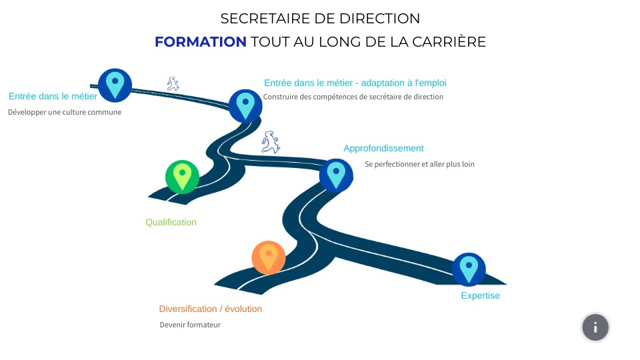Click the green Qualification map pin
(182, 177)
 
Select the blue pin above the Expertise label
(469, 269)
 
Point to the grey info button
(595, 327)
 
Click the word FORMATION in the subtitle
(201, 42)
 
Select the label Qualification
(171, 222)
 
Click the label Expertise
(480, 295)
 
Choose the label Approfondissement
(383, 148)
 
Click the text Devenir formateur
(190, 325)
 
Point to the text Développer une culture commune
(65, 112)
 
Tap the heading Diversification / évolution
(211, 309)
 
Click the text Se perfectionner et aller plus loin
(419, 163)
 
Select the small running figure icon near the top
(173, 83)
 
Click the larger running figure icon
(270, 142)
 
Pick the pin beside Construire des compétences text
(245, 105)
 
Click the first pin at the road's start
(115, 85)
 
